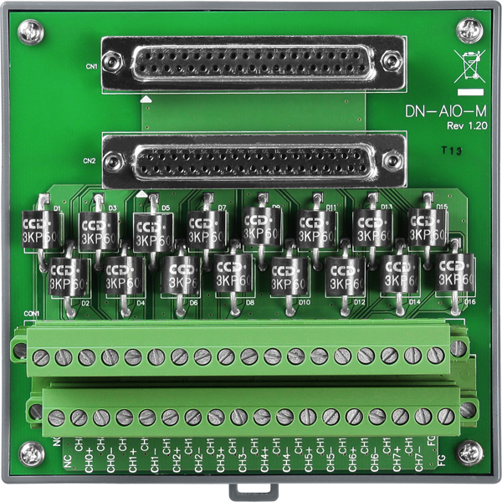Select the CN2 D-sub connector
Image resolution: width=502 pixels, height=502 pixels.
pos(252,160)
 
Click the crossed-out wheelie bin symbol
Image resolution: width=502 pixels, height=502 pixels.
pos(469,64)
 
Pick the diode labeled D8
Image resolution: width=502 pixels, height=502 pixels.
pos(235,274)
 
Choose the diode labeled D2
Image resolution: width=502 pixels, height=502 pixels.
pos(69,276)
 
